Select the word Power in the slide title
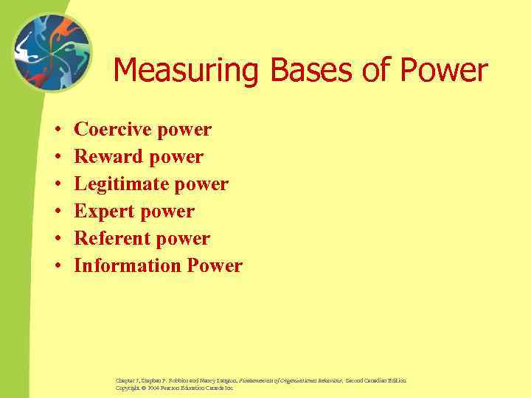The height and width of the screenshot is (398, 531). pyautogui.click(x=442, y=71)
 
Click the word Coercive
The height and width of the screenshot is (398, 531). pyautogui.click(x=108, y=130)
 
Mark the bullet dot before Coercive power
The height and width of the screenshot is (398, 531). pyautogui.click(x=57, y=130)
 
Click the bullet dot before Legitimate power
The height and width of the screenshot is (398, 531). pyautogui.click(x=57, y=185)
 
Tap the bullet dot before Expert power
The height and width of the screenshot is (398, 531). pyautogui.click(x=57, y=212)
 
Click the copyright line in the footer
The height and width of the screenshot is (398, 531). pyautogui.click(x=174, y=388)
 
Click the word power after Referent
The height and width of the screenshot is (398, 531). pyautogui.click(x=184, y=239)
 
